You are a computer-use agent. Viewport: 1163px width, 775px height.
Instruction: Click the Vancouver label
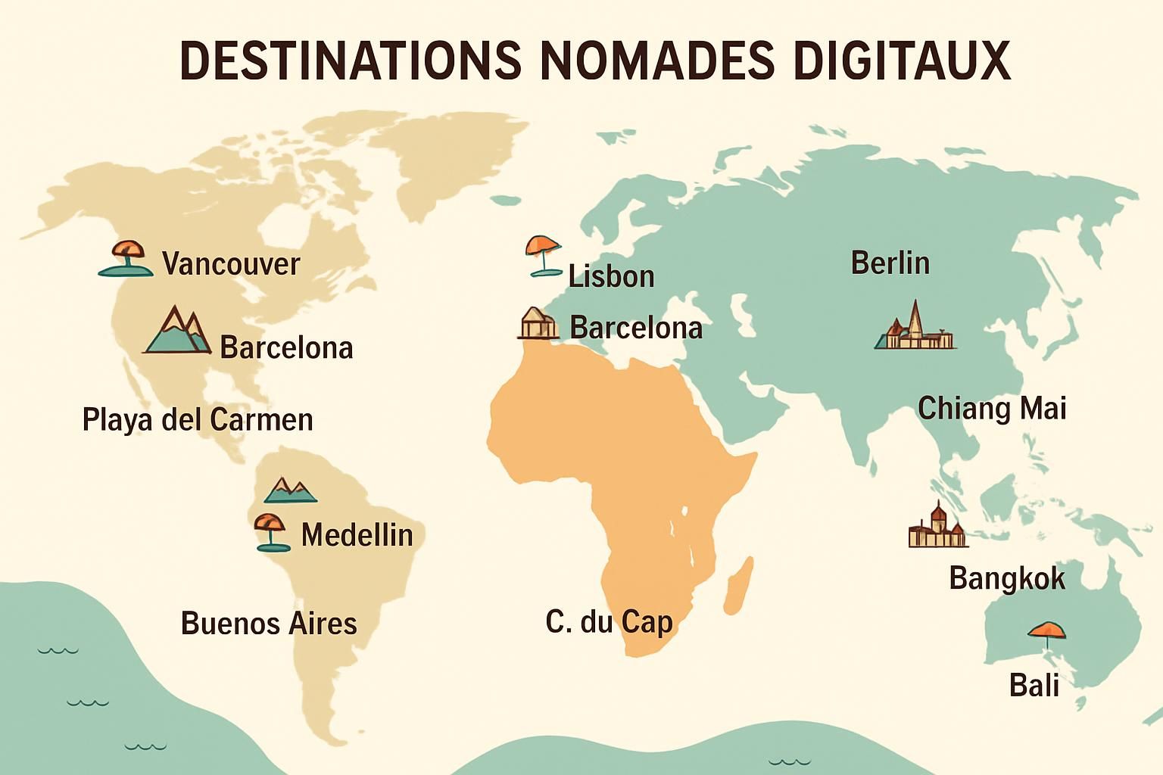[x=231, y=264]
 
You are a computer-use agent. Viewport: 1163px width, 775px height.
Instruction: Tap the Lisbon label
[x=611, y=276]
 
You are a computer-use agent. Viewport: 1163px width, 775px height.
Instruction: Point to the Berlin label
[x=890, y=263]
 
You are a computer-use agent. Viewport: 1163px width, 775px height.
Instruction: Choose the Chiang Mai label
[x=992, y=409]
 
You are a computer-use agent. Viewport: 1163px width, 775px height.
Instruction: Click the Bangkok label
[x=1006, y=578]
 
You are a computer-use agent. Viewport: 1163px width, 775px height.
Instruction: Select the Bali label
[x=1034, y=686]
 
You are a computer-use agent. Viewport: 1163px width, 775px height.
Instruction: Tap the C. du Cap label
[x=609, y=622]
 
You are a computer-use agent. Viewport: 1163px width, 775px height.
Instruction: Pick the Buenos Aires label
[x=269, y=624]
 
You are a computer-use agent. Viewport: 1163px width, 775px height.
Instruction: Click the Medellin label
[x=357, y=535]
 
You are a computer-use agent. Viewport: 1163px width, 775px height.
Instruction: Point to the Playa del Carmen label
[x=198, y=419]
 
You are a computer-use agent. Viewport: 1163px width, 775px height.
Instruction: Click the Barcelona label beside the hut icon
[x=635, y=328]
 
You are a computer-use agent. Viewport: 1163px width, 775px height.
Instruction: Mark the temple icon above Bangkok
[x=937, y=526]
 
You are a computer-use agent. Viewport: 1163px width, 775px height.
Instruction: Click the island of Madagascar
[x=738, y=584]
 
